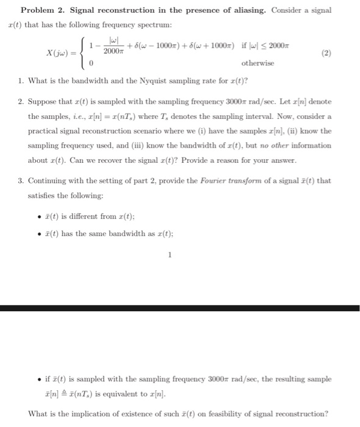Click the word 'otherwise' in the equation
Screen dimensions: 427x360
(258, 63)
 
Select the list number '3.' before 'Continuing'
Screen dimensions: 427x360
(21, 181)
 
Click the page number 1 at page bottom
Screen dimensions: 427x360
(170, 256)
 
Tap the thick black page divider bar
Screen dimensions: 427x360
(180, 308)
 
